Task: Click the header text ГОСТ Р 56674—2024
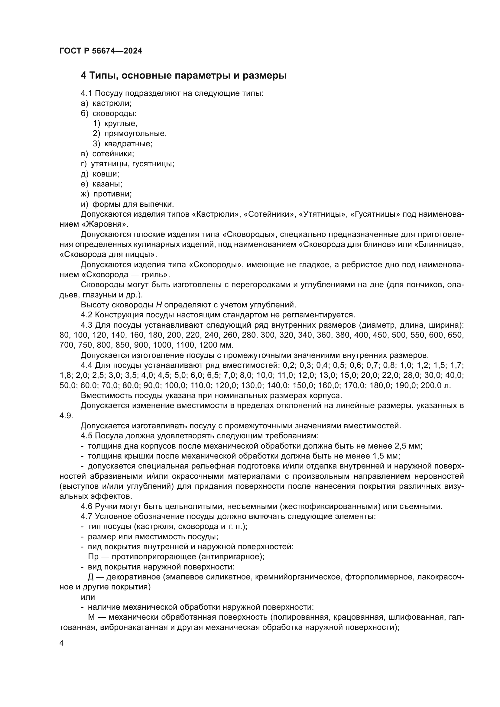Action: coord(101,51)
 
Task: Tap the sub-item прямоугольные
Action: coord(135,133)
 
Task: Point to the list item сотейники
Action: coord(113,154)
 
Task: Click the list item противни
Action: coord(112,194)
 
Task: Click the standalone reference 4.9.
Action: coord(66,416)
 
